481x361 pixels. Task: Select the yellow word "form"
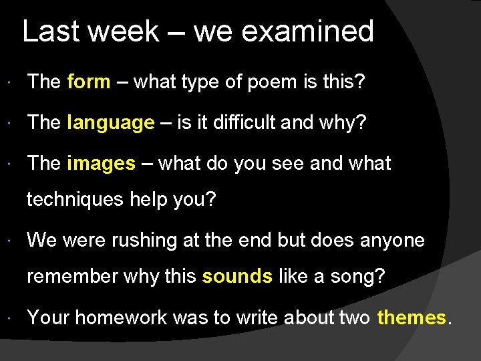point(89,82)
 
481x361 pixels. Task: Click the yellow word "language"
point(111,123)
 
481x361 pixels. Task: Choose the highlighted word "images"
point(101,164)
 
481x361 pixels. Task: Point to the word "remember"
point(74,275)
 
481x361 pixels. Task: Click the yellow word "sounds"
point(237,275)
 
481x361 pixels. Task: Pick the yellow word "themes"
point(411,317)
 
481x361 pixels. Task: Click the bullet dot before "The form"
point(15,83)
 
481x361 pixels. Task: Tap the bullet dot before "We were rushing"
point(15,241)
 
